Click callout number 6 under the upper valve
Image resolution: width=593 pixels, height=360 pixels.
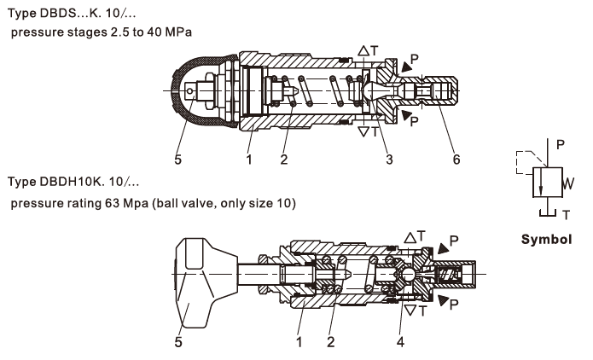point(456,158)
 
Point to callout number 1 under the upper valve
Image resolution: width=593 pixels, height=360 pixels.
point(247,158)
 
